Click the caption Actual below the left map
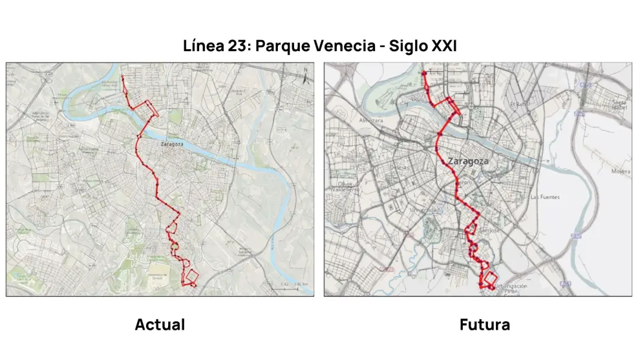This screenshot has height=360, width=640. point(160,324)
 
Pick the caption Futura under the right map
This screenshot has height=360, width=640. point(484,324)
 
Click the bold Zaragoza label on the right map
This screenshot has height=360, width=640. point(466,161)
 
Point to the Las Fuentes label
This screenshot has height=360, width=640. point(544,196)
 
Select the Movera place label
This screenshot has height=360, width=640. point(620,171)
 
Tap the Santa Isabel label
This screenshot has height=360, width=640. point(620,104)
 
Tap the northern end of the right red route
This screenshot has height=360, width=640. point(423,72)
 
